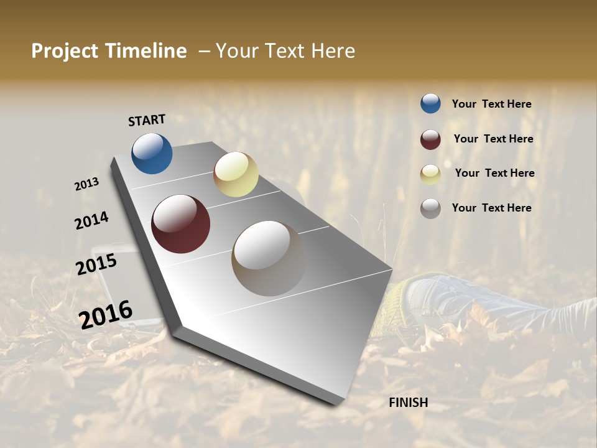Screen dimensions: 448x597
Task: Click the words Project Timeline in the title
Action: (109, 51)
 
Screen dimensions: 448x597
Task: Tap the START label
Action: (147, 120)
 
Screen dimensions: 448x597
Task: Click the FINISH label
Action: (408, 403)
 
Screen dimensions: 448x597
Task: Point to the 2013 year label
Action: (86, 184)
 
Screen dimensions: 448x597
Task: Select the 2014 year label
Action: (91, 221)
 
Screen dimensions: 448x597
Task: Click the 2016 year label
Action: (105, 314)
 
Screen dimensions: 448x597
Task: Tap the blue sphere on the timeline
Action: (152, 153)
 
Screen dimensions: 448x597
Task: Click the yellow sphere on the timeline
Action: (236, 174)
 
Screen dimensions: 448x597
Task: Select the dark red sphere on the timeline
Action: (180, 224)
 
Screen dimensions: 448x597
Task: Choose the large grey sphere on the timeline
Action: (269, 258)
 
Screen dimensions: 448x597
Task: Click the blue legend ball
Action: (430, 103)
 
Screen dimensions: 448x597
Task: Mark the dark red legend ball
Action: (430, 139)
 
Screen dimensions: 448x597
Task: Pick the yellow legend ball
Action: (430, 174)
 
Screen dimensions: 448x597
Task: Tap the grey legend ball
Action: (430, 208)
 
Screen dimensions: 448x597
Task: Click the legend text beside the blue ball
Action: (491, 105)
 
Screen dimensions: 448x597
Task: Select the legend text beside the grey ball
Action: (491, 208)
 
